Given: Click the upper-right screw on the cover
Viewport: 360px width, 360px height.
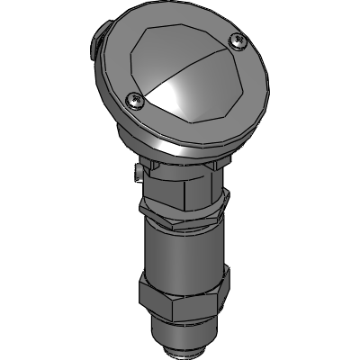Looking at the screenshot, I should point(237,40).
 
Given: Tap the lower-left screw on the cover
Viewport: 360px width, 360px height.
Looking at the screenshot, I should point(134,101).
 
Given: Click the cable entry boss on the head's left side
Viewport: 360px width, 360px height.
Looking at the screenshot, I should point(94,41).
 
